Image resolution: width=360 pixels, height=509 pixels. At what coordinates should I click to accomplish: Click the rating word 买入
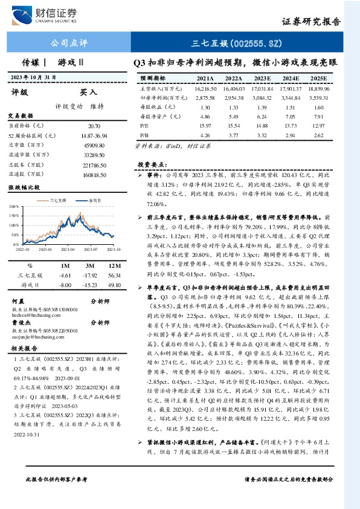tap(89, 92)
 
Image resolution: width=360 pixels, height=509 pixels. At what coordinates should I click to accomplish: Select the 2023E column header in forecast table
tap(262, 79)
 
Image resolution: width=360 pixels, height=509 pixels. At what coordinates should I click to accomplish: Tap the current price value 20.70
tap(93, 125)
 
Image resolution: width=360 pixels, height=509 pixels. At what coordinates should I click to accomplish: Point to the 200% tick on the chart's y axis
tap(13, 206)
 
